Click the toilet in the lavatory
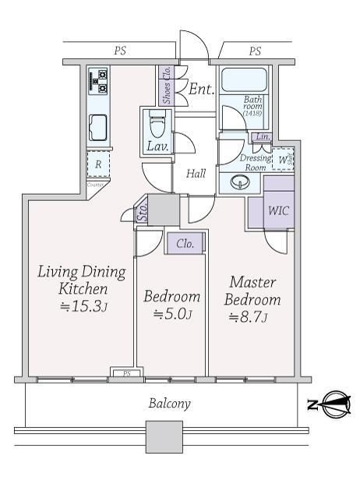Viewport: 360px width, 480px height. click(x=157, y=125)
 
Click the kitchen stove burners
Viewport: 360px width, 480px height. click(x=99, y=79)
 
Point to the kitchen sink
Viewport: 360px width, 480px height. click(x=98, y=128)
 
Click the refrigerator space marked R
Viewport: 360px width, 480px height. click(x=98, y=164)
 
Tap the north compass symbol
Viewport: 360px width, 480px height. click(x=330, y=404)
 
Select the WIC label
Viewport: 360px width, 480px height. click(x=278, y=211)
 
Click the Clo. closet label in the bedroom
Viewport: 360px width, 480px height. click(x=185, y=244)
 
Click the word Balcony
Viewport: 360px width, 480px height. click(x=169, y=404)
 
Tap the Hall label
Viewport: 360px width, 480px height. click(x=196, y=174)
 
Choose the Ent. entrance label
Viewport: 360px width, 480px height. click(x=199, y=90)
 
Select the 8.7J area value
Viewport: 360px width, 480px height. click(x=248, y=317)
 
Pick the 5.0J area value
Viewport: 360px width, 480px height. click(x=171, y=315)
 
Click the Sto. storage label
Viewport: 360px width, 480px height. click(x=142, y=211)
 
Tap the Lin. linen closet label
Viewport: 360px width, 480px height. click(x=261, y=137)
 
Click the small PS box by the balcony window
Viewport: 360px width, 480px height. click(x=120, y=373)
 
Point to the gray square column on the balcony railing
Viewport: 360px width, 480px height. click(x=162, y=436)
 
